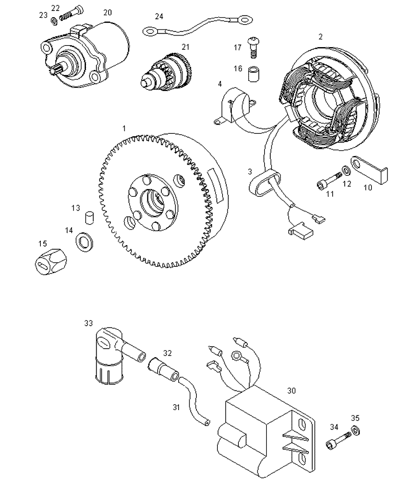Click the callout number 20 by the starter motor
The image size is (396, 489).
click(107, 12)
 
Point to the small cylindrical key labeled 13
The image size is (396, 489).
click(89, 217)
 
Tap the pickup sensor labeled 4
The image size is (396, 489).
click(234, 105)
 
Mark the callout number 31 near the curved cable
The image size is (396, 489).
click(176, 407)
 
